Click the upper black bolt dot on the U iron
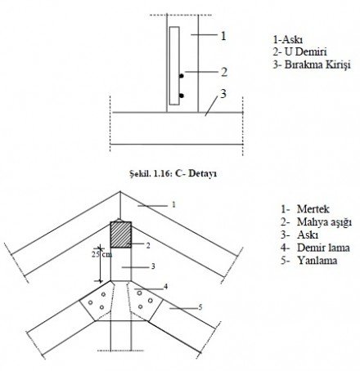click(182, 76)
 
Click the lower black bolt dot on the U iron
click(182, 96)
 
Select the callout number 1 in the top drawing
click(223, 36)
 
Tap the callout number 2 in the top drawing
click(224, 72)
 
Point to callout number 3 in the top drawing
click(223, 94)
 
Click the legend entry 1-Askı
click(288, 40)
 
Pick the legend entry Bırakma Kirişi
click(317, 65)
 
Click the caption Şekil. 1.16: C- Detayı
click(173, 173)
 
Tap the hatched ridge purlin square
click(121, 235)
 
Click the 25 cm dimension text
click(101, 254)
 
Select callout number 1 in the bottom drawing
click(173, 204)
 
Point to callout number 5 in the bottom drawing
click(200, 307)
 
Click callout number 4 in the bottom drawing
click(165, 286)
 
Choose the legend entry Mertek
click(313, 209)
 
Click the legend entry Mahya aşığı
click(324, 222)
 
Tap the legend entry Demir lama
click(323, 248)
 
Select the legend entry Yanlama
click(317, 261)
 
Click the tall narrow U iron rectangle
click(174, 65)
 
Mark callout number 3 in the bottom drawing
click(153, 266)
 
